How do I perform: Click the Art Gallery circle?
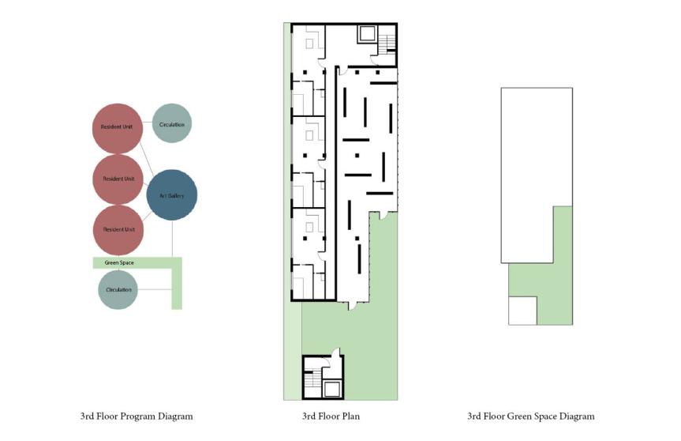(172, 195)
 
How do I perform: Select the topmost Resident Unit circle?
(118, 129)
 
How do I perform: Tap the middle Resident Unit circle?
(118, 179)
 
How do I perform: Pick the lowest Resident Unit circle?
(118, 230)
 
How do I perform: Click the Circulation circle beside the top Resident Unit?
(172, 123)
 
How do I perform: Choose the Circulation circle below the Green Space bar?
(118, 289)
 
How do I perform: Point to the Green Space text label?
(119, 262)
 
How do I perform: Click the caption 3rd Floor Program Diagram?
(137, 416)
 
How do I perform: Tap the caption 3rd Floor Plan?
(331, 416)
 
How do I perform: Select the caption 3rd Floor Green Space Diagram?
(531, 416)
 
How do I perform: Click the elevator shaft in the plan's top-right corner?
(368, 33)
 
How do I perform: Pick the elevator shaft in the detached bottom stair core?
(331, 388)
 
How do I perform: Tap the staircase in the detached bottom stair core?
(312, 379)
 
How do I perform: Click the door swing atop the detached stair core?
(335, 352)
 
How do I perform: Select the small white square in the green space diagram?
(523, 311)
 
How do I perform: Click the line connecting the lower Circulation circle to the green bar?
(155, 289)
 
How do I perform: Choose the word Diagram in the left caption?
(175, 416)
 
